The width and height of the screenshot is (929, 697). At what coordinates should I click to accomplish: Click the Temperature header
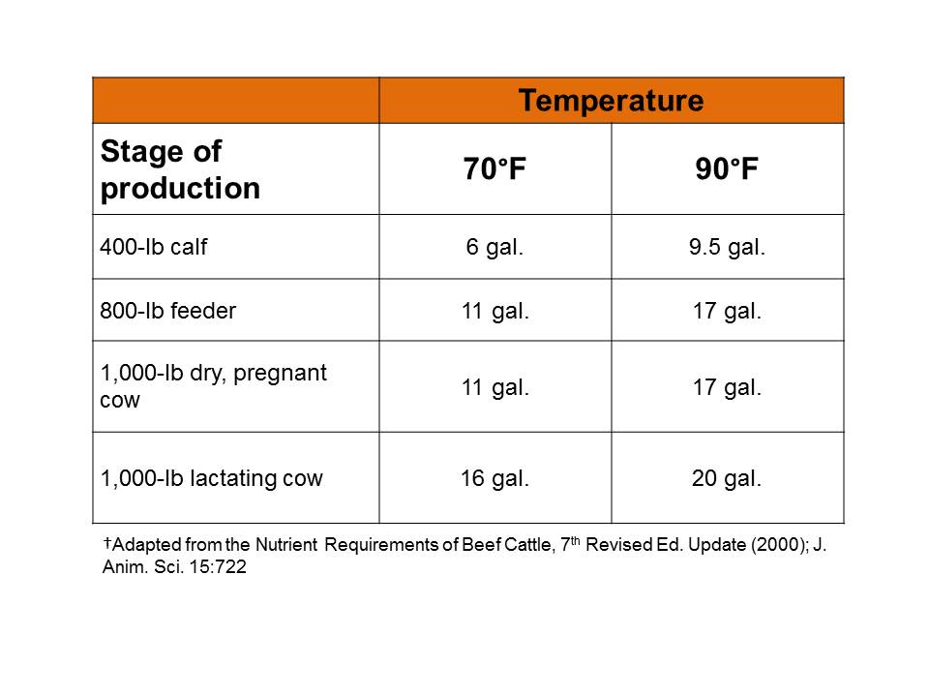pyautogui.click(x=611, y=101)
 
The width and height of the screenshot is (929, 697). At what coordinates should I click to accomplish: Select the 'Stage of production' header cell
pyautogui.click(x=180, y=169)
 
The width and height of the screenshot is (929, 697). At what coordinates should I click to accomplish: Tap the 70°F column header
pyautogui.click(x=494, y=169)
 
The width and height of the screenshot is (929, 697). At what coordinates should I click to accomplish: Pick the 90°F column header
pyautogui.click(x=727, y=169)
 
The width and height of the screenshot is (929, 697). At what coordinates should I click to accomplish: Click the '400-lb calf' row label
pyautogui.click(x=153, y=247)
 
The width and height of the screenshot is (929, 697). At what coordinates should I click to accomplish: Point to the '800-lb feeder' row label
pyautogui.click(x=167, y=311)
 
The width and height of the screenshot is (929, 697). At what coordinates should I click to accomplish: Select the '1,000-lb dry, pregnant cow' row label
pyautogui.click(x=213, y=386)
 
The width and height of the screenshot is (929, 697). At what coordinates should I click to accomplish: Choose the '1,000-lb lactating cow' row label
pyautogui.click(x=211, y=478)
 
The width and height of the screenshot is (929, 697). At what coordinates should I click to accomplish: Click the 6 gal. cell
pyautogui.click(x=494, y=247)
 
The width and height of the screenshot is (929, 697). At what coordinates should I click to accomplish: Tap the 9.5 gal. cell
pyautogui.click(x=727, y=247)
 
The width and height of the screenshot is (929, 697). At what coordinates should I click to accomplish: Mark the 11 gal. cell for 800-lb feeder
pyautogui.click(x=494, y=311)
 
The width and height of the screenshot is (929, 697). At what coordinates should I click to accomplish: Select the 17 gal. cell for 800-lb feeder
pyautogui.click(x=727, y=311)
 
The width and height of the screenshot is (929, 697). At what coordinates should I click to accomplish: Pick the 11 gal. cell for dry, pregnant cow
pyautogui.click(x=494, y=387)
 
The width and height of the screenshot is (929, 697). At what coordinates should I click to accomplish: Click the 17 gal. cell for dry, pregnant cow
pyautogui.click(x=727, y=387)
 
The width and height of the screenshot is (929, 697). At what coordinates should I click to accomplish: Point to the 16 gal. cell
pyautogui.click(x=494, y=478)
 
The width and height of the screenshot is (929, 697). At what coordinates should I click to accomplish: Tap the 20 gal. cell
pyautogui.click(x=727, y=478)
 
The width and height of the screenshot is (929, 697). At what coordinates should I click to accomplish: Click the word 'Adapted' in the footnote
pyautogui.click(x=141, y=545)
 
